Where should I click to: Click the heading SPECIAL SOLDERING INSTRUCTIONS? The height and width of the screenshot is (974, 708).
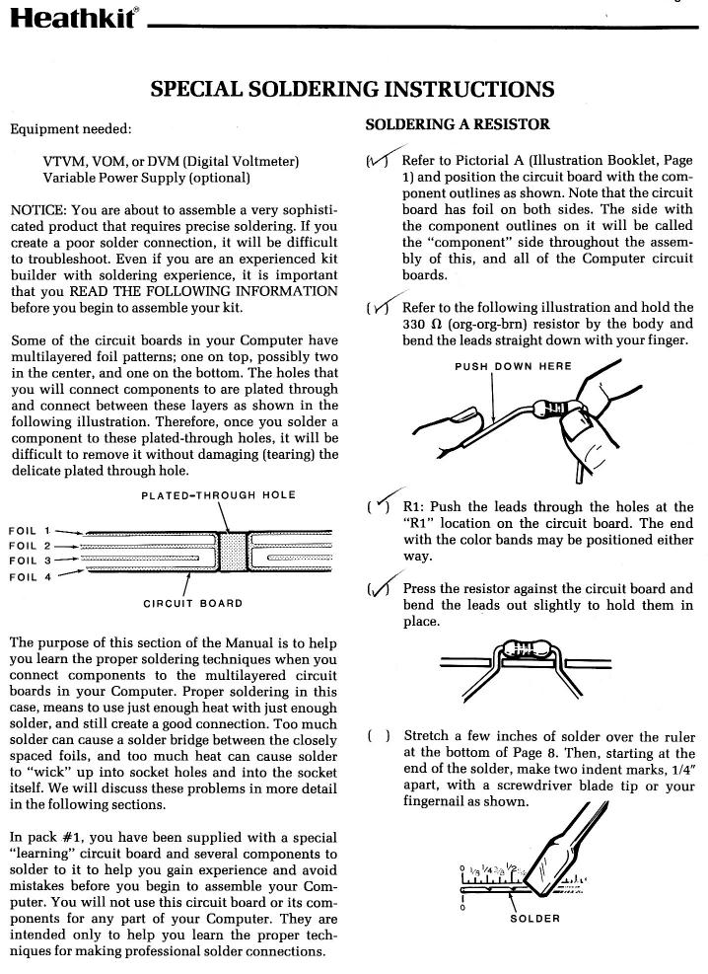click(x=352, y=90)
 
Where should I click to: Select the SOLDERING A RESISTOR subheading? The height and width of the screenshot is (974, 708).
click(x=458, y=125)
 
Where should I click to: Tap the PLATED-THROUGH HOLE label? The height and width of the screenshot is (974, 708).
click(x=218, y=494)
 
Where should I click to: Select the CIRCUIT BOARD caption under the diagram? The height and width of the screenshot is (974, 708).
click(x=193, y=602)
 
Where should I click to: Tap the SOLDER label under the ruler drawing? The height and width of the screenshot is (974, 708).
click(x=534, y=918)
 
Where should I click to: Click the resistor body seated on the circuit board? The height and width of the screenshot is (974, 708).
click(x=525, y=650)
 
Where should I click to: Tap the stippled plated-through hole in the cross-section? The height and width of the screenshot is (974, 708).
click(x=232, y=554)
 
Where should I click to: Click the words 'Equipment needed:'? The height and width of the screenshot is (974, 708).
click(x=70, y=128)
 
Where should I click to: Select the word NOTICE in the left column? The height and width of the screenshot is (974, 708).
click(x=40, y=210)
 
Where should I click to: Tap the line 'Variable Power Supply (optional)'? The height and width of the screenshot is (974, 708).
click(x=146, y=178)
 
